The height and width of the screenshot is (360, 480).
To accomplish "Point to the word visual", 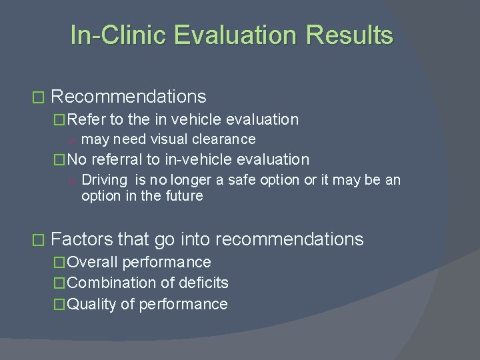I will tap(169, 139).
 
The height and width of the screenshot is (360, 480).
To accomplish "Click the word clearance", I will tap(225, 139).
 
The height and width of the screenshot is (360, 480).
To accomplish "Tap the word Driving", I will tap(105, 180).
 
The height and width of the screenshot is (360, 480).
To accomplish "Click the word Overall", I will tap(92, 263).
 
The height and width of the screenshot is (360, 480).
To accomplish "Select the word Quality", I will tap(92, 305).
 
